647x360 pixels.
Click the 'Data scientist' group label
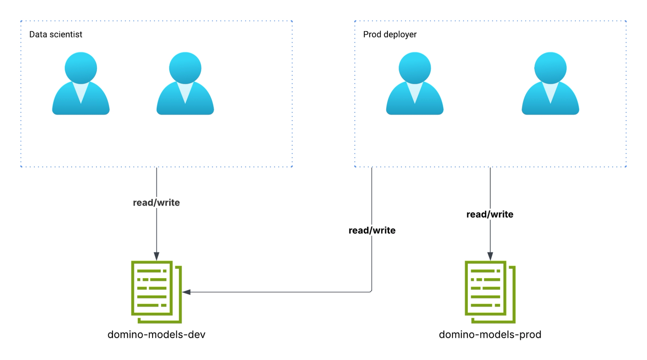(x=56, y=34)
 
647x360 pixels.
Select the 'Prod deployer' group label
(x=390, y=34)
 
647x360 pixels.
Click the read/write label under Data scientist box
(x=156, y=203)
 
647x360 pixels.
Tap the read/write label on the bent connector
(x=372, y=231)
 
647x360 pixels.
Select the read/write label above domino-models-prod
(x=490, y=214)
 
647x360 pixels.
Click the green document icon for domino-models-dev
(x=156, y=292)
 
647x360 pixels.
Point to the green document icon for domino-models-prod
(x=490, y=292)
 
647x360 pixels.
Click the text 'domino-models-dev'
(x=156, y=334)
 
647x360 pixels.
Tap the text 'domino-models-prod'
(x=490, y=334)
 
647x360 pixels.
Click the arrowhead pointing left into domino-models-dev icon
(x=186, y=292)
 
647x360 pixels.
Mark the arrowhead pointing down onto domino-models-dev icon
(x=156, y=256)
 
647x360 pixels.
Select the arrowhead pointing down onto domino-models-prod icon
(x=490, y=256)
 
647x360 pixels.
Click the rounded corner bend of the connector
(x=371, y=291)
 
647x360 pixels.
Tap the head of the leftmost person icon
(x=81, y=67)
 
